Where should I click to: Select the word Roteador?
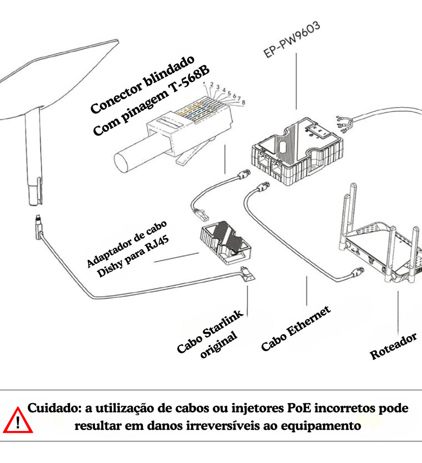click(393, 346)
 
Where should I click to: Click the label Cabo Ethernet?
click(295, 329)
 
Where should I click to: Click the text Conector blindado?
click(142, 85)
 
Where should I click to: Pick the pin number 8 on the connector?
click(243, 102)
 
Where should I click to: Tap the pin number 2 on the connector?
click(212, 84)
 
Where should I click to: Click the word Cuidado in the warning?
click(54, 408)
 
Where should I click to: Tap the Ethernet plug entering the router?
click(357, 272)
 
